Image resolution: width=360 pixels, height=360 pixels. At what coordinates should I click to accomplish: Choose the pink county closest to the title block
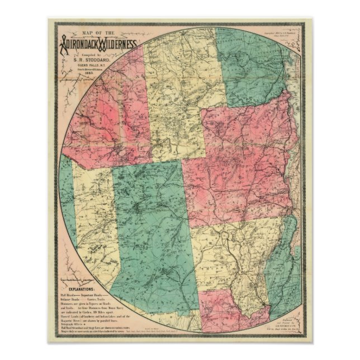pyautogui.click(x=106, y=112)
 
